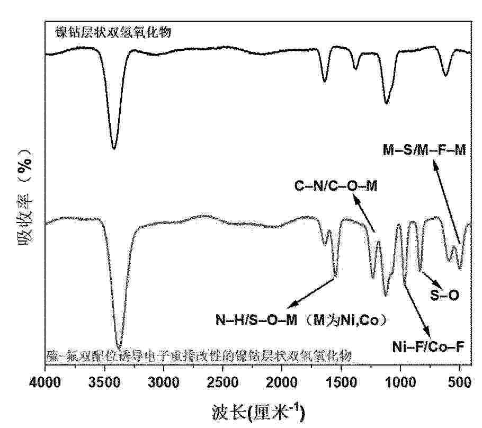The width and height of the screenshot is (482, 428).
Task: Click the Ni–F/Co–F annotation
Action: (428, 347)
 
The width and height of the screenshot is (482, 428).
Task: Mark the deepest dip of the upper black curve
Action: (113, 148)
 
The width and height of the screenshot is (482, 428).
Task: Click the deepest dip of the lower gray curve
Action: (119, 347)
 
